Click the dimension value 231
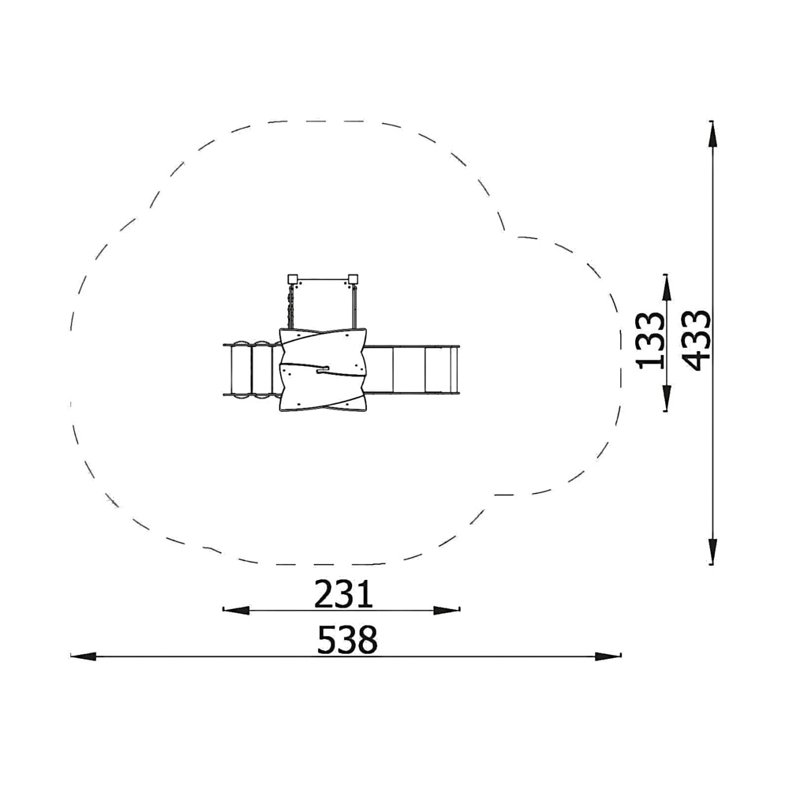pyautogui.click(x=344, y=594)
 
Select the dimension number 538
pyautogui.click(x=347, y=640)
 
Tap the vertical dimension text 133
pyautogui.click(x=651, y=341)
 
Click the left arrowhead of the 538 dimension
pyautogui.click(x=83, y=656)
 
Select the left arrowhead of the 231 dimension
pyautogui.click(x=236, y=611)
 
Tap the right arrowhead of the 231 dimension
pyautogui.click(x=447, y=611)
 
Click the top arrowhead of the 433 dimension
pyautogui.click(x=712, y=134)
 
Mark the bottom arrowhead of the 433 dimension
pyautogui.click(x=712, y=552)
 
